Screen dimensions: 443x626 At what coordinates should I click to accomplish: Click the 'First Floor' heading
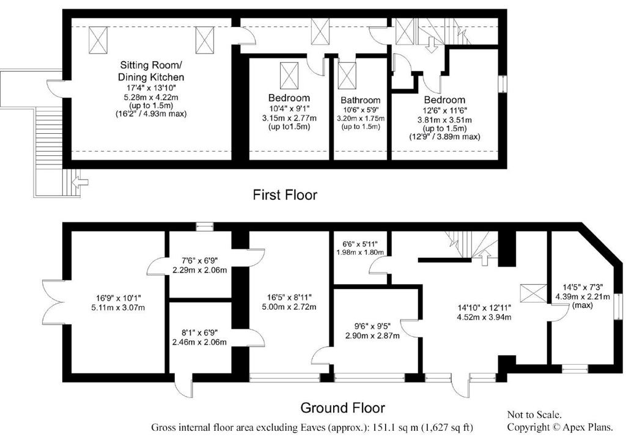pos(285,195)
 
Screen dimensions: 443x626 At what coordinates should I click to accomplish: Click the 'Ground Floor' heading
pos(342,408)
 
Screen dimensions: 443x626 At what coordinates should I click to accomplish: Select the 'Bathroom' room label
pos(360,100)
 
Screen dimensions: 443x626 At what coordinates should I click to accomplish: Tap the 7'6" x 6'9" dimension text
pos(200,260)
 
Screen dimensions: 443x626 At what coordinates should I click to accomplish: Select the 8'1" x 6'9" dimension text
pos(199,332)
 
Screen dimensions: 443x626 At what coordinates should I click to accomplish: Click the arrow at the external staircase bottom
pos(79,181)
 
